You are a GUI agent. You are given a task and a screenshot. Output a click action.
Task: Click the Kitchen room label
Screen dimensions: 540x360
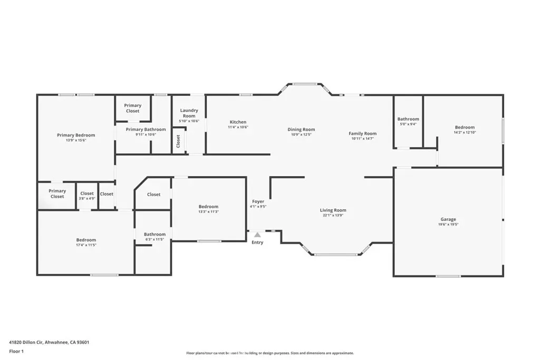pyautogui.click(x=238, y=122)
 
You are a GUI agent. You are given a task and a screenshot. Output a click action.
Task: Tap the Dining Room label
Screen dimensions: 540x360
pyautogui.click(x=301, y=130)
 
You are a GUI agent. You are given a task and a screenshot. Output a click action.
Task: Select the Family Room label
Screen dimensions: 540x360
pyautogui.click(x=363, y=133)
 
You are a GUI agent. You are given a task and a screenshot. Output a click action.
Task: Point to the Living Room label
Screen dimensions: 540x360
pyautogui.click(x=333, y=210)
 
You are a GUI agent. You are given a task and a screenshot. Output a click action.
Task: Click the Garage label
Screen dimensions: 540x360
pyautogui.click(x=448, y=219)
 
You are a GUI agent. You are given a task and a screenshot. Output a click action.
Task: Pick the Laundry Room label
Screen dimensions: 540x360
pyautogui.click(x=189, y=113)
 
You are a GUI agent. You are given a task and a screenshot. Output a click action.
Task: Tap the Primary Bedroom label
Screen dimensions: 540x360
pyautogui.click(x=76, y=135)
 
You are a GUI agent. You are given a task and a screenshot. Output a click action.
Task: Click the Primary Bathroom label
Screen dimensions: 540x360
pyautogui.click(x=146, y=130)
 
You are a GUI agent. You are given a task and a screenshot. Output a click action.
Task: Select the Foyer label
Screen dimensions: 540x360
pyautogui.click(x=258, y=201)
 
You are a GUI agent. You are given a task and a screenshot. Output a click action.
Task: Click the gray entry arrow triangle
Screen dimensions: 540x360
pyautogui.click(x=257, y=235)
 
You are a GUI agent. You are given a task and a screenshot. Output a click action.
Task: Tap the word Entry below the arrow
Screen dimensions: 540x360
pyautogui.click(x=257, y=242)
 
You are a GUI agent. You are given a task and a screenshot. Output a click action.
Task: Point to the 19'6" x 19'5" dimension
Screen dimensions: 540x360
pyautogui.click(x=448, y=225)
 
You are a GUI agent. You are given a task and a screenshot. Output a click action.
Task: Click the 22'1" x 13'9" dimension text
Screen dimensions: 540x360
pyautogui.click(x=333, y=215)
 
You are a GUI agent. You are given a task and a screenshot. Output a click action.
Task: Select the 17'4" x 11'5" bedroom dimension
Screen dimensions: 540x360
pyautogui.click(x=86, y=245)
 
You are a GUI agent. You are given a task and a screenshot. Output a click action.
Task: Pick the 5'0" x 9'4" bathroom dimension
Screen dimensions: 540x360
pyautogui.click(x=408, y=124)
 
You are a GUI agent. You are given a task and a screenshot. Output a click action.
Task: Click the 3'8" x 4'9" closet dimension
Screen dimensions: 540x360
pyautogui.click(x=87, y=199)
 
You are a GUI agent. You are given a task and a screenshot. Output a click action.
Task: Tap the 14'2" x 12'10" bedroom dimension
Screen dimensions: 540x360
pyautogui.click(x=465, y=132)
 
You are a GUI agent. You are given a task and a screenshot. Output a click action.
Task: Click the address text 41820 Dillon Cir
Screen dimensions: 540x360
pyautogui.click(x=26, y=342)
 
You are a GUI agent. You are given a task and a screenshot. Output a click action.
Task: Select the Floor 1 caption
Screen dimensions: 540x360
pyautogui.click(x=16, y=352)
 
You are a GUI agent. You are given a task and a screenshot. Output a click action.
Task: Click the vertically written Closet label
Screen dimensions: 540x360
pyautogui.click(x=178, y=141)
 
